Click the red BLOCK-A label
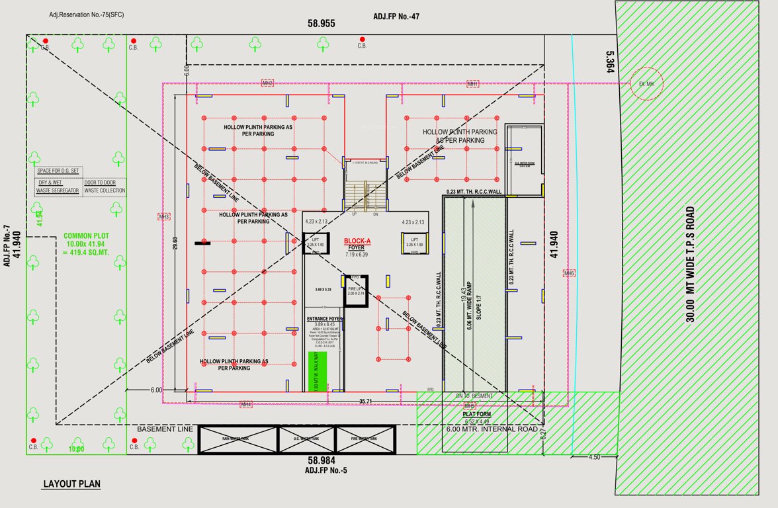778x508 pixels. (x=358, y=241)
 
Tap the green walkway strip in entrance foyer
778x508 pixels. (x=322, y=372)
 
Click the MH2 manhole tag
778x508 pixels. (x=267, y=83)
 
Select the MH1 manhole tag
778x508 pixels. (x=472, y=84)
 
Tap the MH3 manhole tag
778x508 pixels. (x=164, y=217)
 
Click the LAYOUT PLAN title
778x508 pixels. (x=72, y=484)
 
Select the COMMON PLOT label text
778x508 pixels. (x=86, y=235)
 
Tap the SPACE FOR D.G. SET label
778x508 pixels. (x=59, y=171)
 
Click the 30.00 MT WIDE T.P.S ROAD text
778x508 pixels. (x=690, y=264)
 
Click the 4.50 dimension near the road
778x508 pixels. (x=594, y=457)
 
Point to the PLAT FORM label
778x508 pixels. (x=477, y=415)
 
